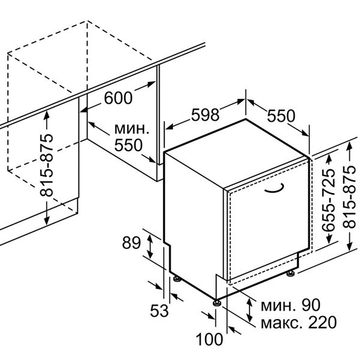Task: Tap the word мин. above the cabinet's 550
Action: tap(131, 128)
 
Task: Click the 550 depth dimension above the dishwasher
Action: tap(281, 116)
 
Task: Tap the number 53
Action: tap(159, 311)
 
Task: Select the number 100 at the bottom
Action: tap(209, 340)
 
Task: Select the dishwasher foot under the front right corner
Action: tap(292, 274)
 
